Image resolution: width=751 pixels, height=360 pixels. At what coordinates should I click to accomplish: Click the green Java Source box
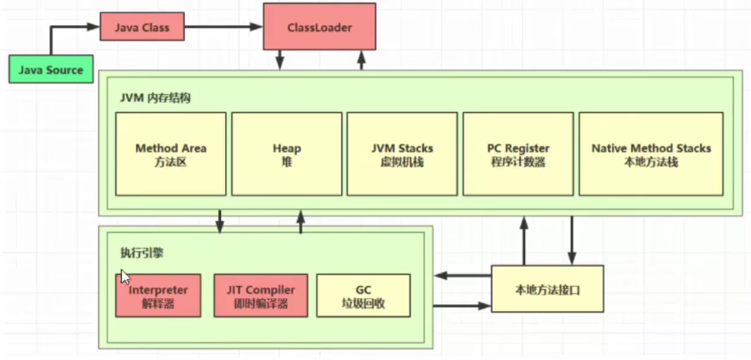point(52,70)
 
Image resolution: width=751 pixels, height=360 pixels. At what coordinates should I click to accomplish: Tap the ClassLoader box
point(319,27)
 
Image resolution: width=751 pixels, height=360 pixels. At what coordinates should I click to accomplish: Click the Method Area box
point(171,154)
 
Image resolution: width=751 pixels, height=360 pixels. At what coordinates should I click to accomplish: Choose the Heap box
point(286,154)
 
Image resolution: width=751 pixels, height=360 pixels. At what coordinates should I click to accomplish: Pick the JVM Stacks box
point(402,154)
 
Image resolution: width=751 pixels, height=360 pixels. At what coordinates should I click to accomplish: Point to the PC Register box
point(518,154)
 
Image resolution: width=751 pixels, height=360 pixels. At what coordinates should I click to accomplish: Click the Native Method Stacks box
point(651,154)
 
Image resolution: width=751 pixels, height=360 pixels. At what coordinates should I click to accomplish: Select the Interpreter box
point(158,296)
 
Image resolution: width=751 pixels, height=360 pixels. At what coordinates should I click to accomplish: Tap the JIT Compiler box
point(261,296)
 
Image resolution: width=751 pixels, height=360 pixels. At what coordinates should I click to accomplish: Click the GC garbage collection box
point(363,296)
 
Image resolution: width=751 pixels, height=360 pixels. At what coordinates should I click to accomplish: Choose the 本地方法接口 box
point(547,290)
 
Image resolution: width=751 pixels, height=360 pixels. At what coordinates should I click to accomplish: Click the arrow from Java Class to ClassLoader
point(223,27)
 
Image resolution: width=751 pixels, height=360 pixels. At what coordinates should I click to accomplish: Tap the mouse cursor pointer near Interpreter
point(126,277)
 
